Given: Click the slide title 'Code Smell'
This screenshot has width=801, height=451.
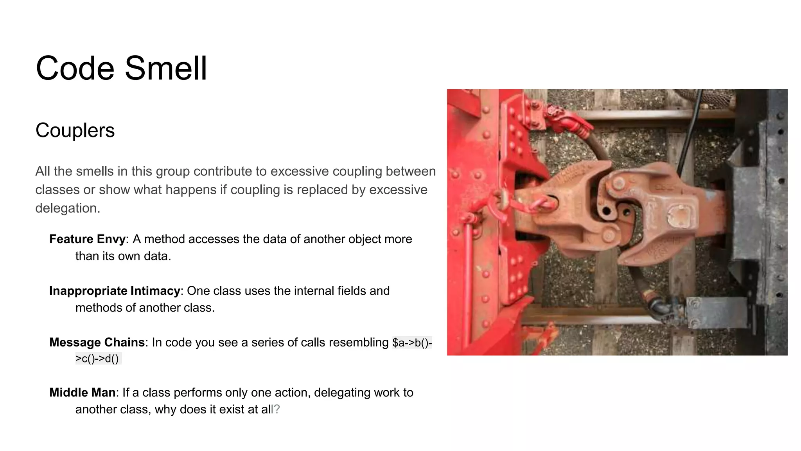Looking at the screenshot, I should (x=121, y=68).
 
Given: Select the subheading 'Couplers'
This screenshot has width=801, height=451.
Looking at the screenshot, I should (x=75, y=130).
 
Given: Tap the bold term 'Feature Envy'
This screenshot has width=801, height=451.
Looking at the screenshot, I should (x=87, y=239).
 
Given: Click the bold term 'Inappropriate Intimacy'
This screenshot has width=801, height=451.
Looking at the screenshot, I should (x=115, y=291).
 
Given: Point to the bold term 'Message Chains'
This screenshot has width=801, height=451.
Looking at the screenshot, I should (x=97, y=343).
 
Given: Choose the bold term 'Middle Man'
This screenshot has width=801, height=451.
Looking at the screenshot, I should (x=82, y=393).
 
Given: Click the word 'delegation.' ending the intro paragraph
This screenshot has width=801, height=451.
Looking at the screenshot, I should (x=68, y=208).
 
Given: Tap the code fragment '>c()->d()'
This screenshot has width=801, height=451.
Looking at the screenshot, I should (x=97, y=359).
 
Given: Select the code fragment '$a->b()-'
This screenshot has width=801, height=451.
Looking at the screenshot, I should (x=412, y=343).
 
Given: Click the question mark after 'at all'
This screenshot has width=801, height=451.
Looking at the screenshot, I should (x=277, y=410).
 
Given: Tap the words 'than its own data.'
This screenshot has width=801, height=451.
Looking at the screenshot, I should (x=123, y=256).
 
